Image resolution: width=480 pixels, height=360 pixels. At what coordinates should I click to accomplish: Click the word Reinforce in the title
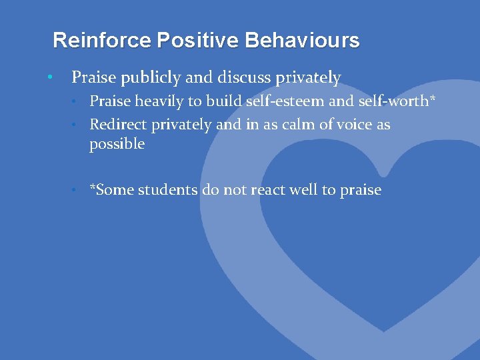[x=102, y=41]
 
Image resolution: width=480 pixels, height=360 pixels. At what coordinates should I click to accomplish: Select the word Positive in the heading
[x=198, y=41]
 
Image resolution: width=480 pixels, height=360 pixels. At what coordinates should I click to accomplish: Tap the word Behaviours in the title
[x=302, y=41]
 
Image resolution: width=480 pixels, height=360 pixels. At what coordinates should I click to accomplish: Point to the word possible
[x=117, y=145]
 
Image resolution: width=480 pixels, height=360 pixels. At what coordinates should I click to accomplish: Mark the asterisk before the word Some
[x=93, y=188]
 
